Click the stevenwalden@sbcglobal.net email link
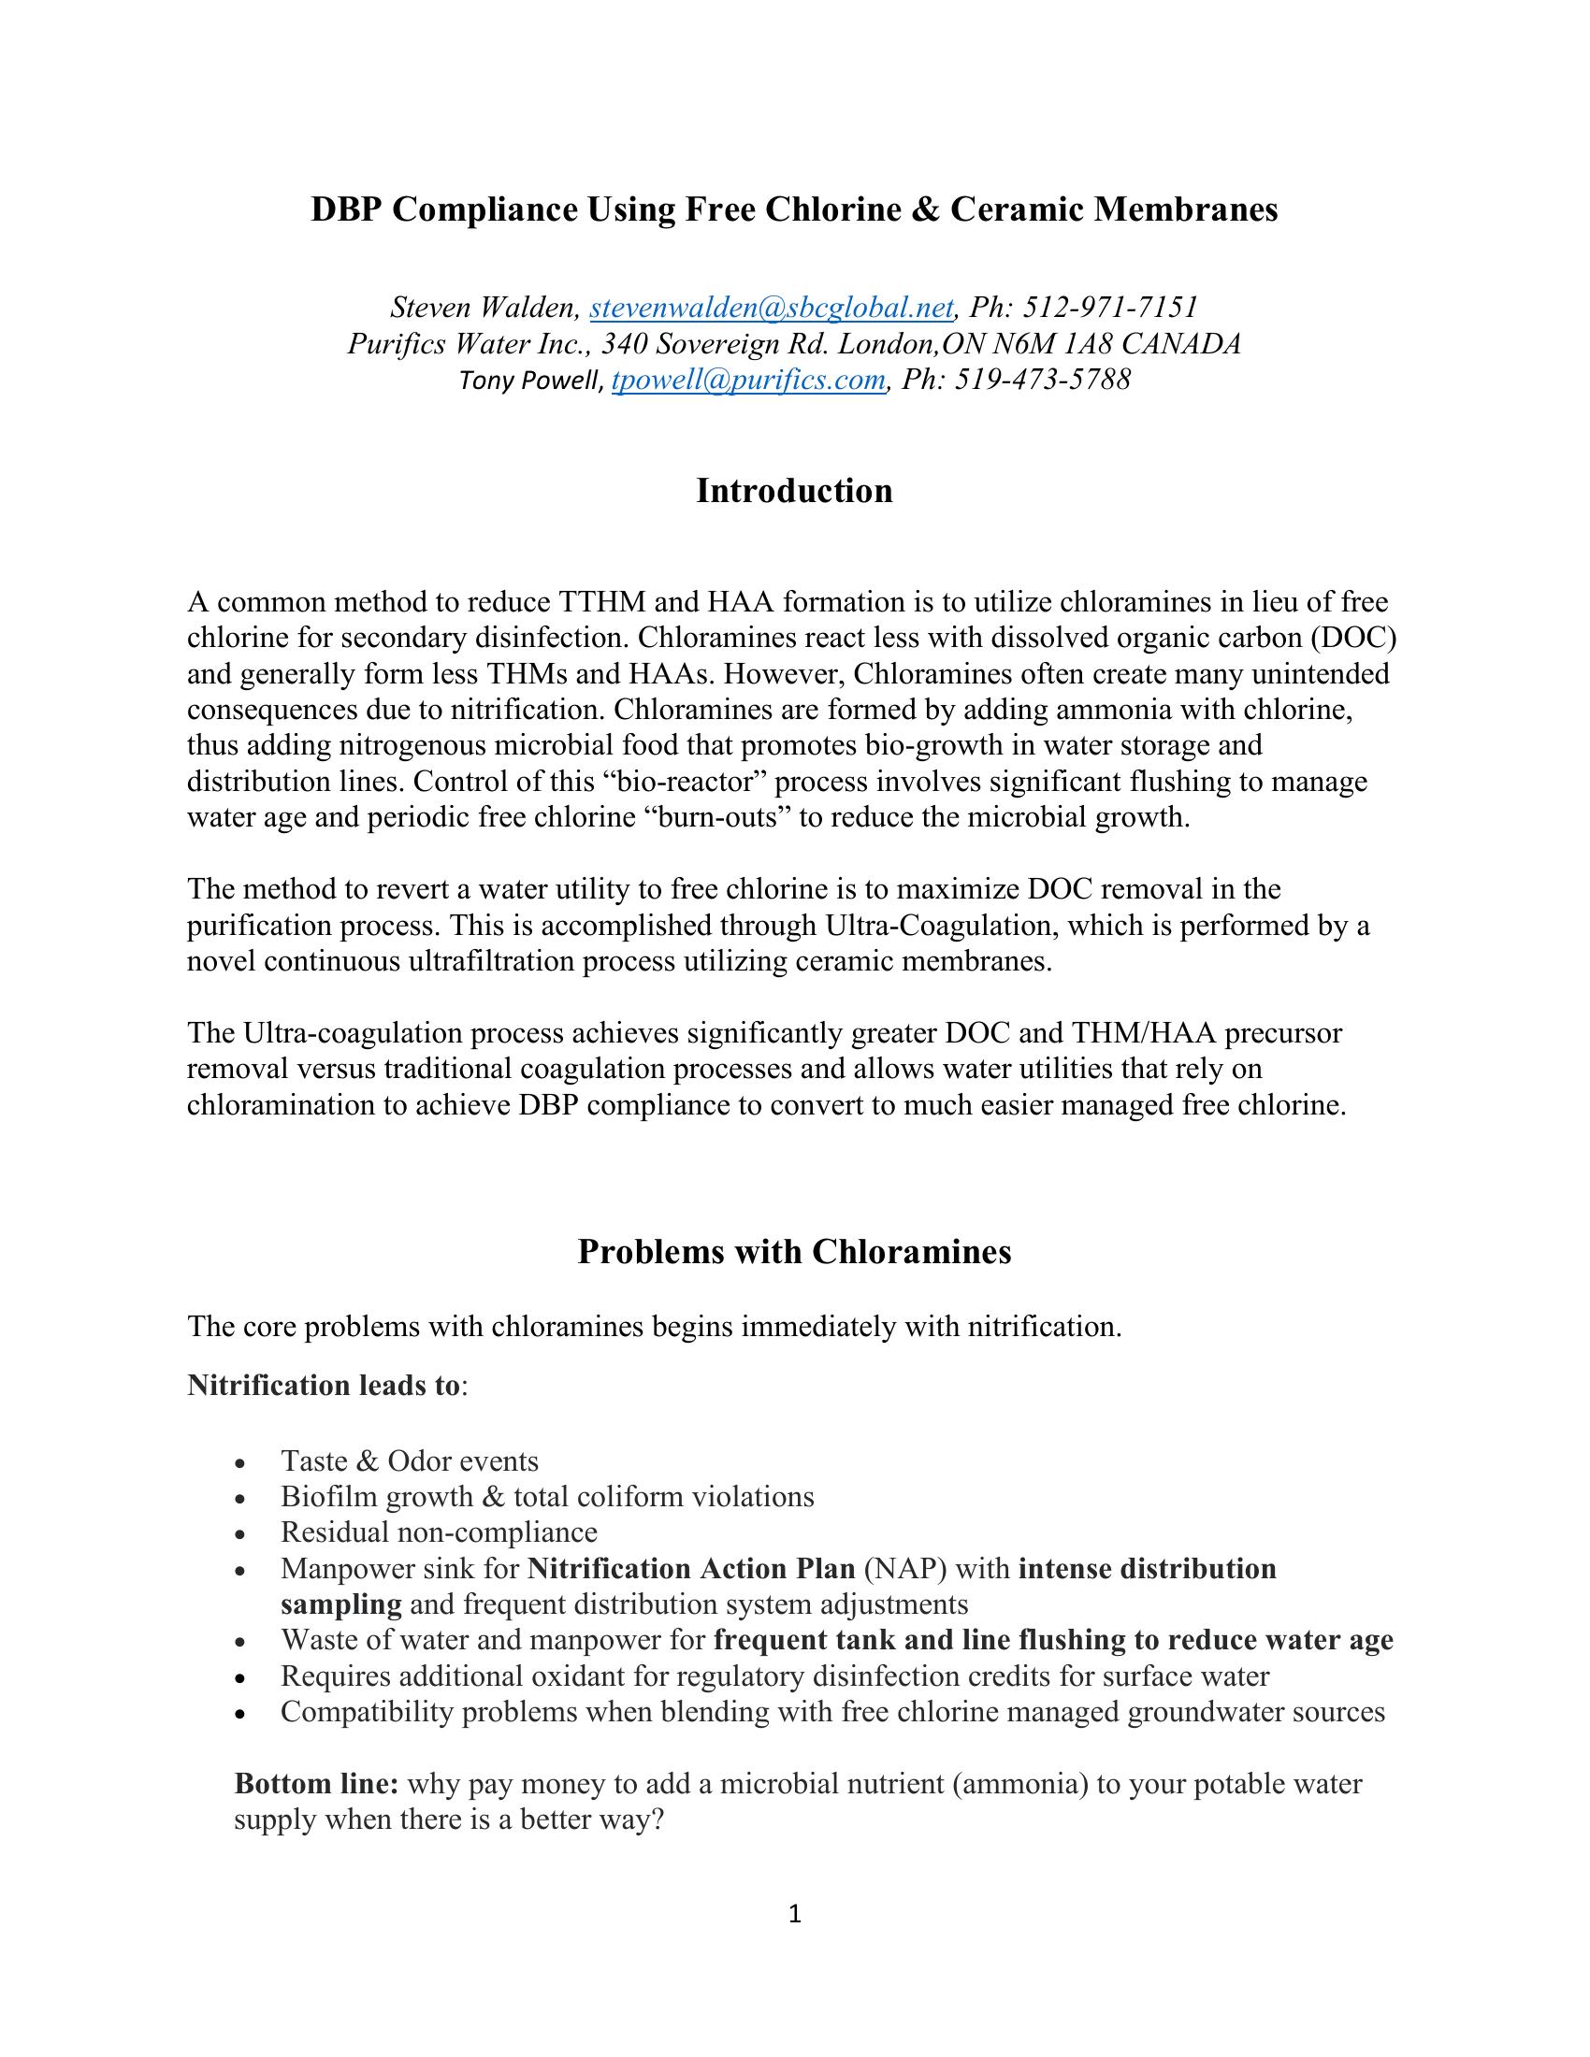tap(772, 308)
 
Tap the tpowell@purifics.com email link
tap(749, 380)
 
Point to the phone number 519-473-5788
tap(1043, 380)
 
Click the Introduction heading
tap(794, 491)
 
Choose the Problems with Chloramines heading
tap(794, 1252)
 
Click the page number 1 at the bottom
tap(794, 1913)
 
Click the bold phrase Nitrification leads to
tap(324, 1386)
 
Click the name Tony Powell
tap(529, 381)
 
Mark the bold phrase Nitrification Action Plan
tap(690, 1569)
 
